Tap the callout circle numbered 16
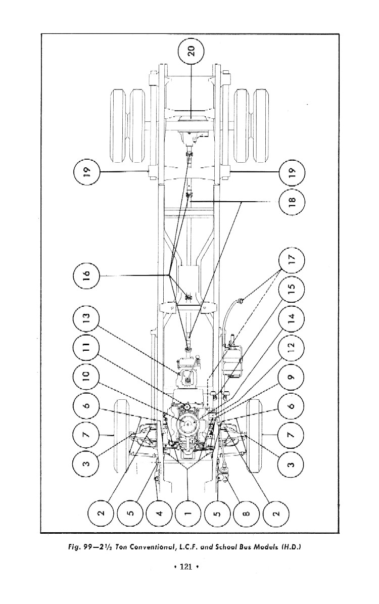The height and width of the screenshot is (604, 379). click(x=86, y=275)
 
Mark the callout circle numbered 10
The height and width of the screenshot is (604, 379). click(x=86, y=376)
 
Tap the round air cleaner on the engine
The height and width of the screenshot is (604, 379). click(x=188, y=422)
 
